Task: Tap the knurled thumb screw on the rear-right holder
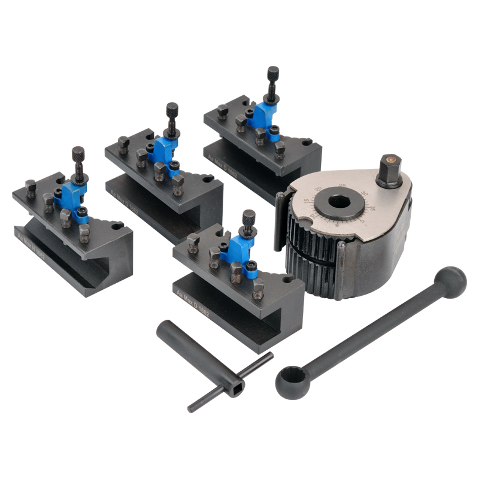273,74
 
